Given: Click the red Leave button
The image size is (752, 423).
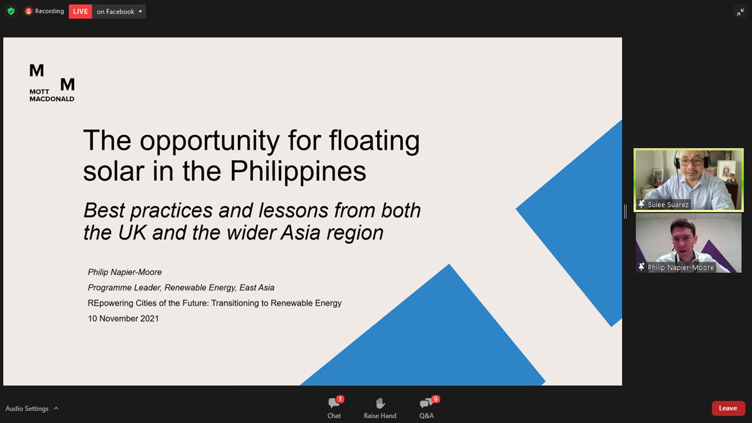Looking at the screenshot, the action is [x=727, y=408].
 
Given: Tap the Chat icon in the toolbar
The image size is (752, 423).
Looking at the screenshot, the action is [x=333, y=403].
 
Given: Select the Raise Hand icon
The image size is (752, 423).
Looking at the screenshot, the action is [x=380, y=403].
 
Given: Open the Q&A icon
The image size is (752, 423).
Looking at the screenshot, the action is [x=425, y=403].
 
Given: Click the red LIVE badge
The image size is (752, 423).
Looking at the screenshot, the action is [x=80, y=11].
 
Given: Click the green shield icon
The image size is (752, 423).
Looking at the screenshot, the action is [x=11, y=11].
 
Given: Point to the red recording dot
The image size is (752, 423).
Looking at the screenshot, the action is [x=29, y=11].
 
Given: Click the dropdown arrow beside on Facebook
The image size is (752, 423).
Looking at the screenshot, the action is [x=140, y=11].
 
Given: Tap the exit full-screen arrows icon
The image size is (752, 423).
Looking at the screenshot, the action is [x=740, y=12].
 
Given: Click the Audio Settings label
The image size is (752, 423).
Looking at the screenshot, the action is [x=27, y=408].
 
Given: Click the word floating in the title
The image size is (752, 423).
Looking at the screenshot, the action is [x=374, y=140].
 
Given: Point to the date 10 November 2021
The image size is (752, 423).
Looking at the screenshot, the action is [x=123, y=318].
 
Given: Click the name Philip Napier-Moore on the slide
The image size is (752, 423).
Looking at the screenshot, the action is [x=125, y=272].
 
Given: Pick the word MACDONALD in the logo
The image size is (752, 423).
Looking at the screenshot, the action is [x=52, y=99].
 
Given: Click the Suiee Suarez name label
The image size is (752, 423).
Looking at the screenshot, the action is [x=668, y=204].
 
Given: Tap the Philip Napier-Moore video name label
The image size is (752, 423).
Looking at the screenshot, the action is [x=680, y=267].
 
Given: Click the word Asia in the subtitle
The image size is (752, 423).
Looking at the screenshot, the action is [x=300, y=233].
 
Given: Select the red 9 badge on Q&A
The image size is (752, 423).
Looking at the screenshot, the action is [x=435, y=399].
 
